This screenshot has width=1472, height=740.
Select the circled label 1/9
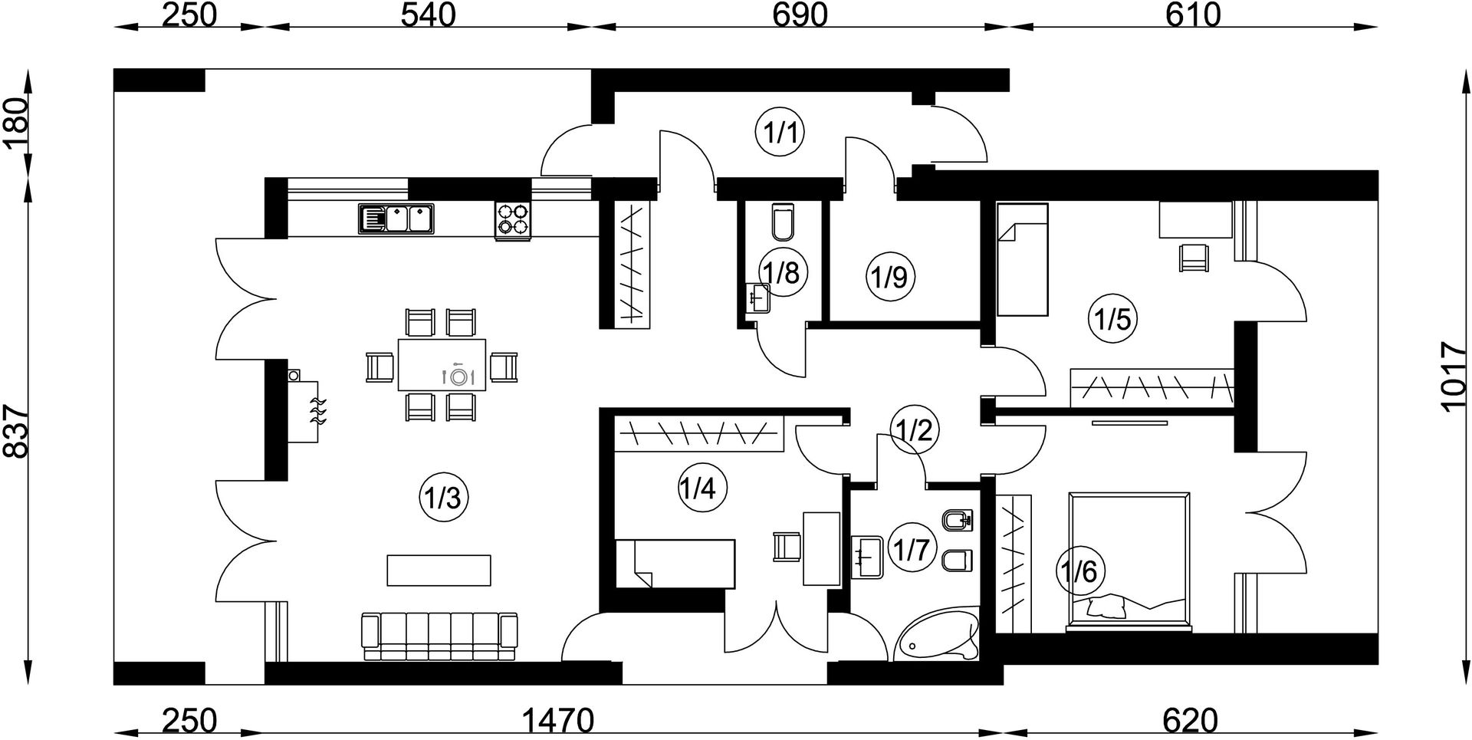(x=890, y=276)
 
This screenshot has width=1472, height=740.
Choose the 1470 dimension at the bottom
(x=557, y=721)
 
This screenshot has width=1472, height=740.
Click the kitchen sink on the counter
(x=395, y=219)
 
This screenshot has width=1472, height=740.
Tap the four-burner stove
(x=514, y=220)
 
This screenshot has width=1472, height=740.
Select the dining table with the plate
(x=442, y=365)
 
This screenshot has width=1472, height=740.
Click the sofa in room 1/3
(x=439, y=636)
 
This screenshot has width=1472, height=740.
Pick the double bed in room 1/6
(x=1130, y=562)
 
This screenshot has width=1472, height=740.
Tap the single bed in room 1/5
(x=1022, y=259)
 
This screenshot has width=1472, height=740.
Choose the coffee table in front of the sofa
(x=439, y=570)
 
